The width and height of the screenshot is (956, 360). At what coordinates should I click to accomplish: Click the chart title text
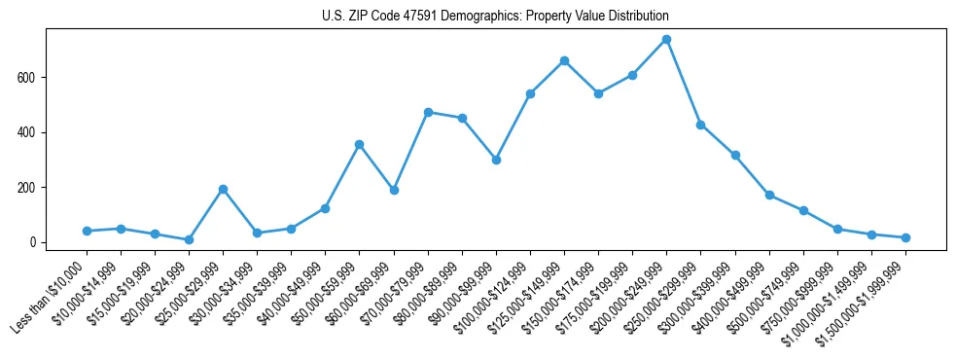[x=495, y=17]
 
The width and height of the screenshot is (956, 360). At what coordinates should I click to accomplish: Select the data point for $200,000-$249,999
[x=666, y=40]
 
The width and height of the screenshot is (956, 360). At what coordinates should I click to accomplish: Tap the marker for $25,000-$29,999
[x=223, y=189]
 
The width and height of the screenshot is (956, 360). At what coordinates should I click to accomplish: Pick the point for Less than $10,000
[x=87, y=231]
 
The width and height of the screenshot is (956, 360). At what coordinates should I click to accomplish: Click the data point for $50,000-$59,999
[x=359, y=144]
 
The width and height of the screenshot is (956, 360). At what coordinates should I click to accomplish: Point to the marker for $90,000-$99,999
[x=496, y=160]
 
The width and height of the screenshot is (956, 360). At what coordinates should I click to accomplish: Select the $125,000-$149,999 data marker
[x=564, y=60]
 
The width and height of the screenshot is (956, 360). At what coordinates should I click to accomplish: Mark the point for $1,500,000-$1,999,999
[x=905, y=237]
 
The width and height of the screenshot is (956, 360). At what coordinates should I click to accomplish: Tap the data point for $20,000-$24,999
[x=189, y=239]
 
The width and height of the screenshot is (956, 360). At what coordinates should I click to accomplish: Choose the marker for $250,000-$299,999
[x=700, y=125]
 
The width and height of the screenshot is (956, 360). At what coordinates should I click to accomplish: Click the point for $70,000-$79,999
[x=428, y=112]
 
